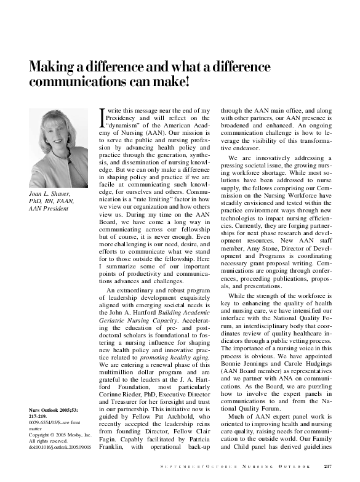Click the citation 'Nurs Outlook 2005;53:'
click(54, 409)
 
